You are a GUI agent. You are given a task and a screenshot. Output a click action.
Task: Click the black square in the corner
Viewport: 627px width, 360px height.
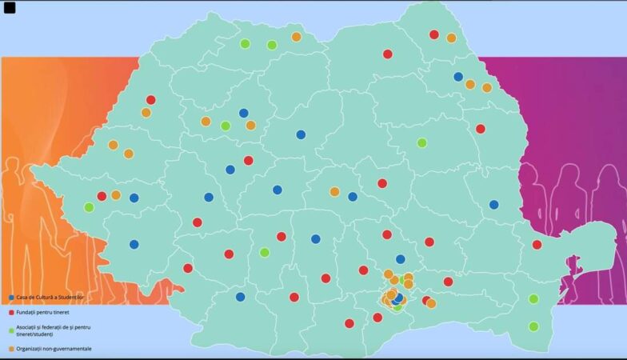click(x=10, y=8)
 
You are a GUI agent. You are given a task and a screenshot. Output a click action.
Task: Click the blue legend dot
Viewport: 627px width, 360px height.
click(x=11, y=298)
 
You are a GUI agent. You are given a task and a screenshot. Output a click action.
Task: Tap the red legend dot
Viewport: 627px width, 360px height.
click(x=11, y=313)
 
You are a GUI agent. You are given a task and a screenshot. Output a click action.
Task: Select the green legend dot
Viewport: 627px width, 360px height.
click(x=11, y=330)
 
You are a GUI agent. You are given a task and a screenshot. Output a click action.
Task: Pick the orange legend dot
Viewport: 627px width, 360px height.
click(x=11, y=349)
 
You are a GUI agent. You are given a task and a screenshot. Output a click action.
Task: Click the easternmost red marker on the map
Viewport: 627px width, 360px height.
click(x=537, y=245)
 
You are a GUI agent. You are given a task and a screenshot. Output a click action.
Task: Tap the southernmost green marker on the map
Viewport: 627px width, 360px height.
click(x=533, y=326)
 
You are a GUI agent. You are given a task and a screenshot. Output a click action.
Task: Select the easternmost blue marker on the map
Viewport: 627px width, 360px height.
click(x=493, y=205)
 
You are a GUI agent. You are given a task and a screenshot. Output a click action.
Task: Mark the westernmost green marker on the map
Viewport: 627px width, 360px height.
click(x=89, y=207)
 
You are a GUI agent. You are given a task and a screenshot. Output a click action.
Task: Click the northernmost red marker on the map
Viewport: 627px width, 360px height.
click(x=434, y=34)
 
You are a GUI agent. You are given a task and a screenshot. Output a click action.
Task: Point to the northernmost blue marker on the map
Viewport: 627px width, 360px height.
click(x=458, y=77)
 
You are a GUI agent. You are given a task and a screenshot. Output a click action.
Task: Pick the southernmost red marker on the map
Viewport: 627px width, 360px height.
click(x=349, y=323)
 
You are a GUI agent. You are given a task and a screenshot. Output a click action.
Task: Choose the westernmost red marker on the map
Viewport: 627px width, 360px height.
click(x=102, y=196)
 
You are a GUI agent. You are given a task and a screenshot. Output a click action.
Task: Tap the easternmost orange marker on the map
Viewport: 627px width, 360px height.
click(x=487, y=88)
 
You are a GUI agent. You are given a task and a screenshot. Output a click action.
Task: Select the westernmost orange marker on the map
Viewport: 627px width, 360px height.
click(x=113, y=145)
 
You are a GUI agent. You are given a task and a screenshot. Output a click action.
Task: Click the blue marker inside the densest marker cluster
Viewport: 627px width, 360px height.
click(x=397, y=298)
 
